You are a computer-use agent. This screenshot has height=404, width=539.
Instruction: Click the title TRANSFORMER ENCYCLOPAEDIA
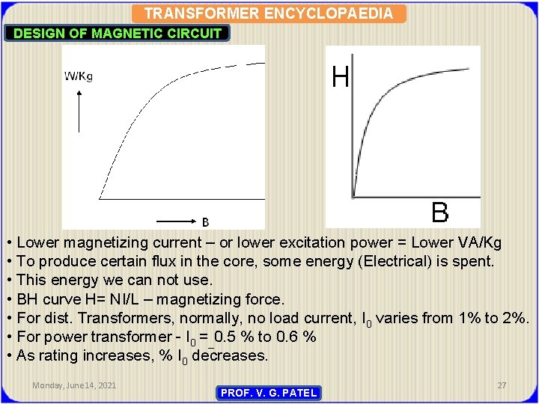[268, 13]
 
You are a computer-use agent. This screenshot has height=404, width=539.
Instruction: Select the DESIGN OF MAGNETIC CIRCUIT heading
[118, 33]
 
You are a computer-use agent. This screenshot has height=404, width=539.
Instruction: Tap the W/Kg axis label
[79, 76]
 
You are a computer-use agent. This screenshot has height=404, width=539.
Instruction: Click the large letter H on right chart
[341, 76]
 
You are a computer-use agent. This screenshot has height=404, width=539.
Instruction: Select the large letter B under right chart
[440, 212]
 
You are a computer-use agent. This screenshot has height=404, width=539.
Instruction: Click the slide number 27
[502, 385]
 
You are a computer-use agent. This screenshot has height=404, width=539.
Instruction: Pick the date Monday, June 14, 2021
[74, 385]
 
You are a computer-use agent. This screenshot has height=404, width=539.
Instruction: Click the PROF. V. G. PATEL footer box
[269, 393]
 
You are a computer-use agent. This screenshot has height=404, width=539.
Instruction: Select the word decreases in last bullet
[229, 355]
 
